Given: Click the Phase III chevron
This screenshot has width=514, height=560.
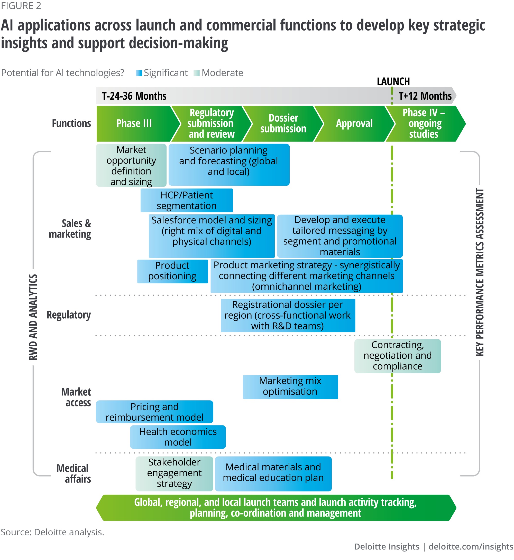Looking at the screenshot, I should click(134, 124).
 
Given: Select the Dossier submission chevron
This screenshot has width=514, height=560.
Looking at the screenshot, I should click(283, 124).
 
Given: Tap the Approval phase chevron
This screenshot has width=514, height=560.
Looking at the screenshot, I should click(354, 124).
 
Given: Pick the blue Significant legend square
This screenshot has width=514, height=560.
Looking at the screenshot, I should click(139, 73).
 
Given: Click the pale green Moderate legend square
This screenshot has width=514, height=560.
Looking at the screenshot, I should click(197, 73).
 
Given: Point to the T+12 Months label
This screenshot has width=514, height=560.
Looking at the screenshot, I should click(425, 96).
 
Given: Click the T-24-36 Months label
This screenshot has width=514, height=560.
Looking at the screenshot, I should click(134, 96).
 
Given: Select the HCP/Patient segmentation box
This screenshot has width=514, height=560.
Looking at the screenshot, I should click(187, 200).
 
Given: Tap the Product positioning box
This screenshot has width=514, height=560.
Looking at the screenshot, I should click(172, 271).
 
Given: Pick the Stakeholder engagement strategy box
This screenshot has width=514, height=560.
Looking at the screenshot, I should click(175, 473).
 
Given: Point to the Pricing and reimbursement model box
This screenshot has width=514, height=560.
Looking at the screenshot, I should click(154, 412).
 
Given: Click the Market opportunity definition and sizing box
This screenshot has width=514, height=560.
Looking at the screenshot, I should click(131, 165).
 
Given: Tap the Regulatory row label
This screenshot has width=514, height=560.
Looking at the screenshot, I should click(69, 315).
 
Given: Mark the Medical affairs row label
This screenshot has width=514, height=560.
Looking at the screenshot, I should click(74, 473).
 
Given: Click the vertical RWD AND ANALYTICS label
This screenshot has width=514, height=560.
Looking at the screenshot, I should click(33, 317).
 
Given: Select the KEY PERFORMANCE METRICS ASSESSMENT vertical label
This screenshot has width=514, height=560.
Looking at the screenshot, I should click(479, 272).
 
